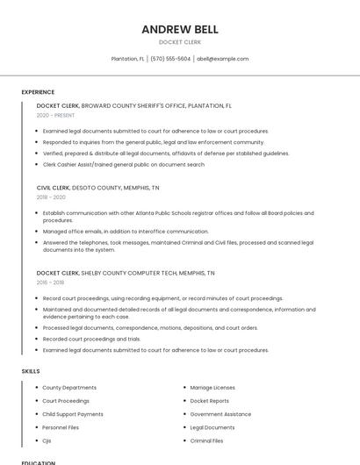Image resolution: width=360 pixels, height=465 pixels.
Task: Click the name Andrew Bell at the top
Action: pos(180,29)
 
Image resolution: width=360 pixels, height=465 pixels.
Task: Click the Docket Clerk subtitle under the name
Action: pos(180,42)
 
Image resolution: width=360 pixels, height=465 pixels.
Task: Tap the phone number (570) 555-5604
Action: pos(170,59)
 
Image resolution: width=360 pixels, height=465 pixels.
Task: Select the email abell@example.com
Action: pos(222,59)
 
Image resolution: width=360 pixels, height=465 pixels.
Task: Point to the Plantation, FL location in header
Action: pos(128,59)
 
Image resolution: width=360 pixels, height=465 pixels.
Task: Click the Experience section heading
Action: pos(38,92)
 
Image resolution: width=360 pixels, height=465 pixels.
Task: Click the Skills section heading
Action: pos(31,371)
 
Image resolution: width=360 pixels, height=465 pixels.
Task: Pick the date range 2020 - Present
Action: pos(55,115)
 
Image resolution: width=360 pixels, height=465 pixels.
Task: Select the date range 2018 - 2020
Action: pos(53,197)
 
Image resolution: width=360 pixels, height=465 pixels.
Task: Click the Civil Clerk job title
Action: pos(56,188)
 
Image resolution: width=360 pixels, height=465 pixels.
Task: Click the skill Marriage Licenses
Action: pos(212,387)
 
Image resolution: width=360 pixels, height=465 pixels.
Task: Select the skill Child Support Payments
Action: pos(73,414)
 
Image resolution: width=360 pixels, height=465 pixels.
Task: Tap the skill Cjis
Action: pos(48,440)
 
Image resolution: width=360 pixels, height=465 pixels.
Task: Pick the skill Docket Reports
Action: pos(210,401)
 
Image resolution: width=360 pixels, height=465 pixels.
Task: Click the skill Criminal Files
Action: pos(206,440)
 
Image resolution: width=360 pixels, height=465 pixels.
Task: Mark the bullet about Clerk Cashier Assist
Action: pos(124,164)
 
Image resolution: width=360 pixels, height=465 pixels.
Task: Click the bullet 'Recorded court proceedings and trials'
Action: pos(91,339)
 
